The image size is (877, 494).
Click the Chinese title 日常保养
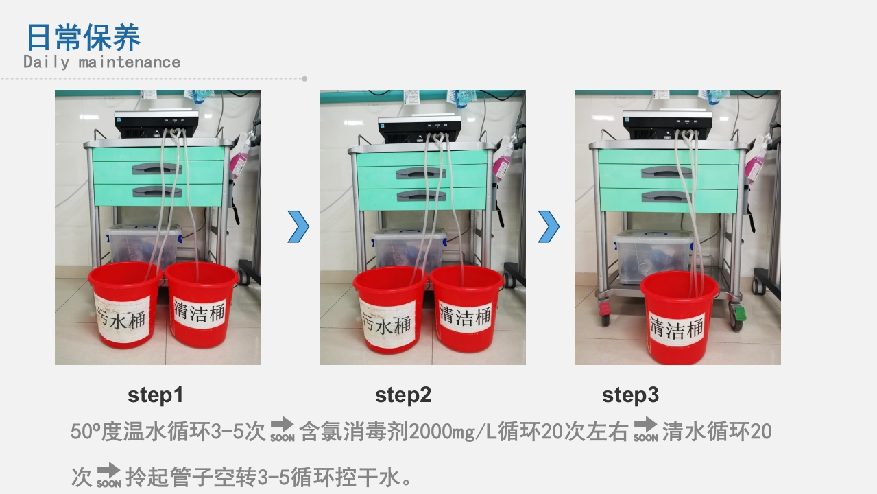click(x=83, y=37)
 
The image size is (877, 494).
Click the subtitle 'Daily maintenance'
click(x=101, y=62)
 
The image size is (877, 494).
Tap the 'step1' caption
click(x=156, y=395)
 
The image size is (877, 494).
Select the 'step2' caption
click(x=403, y=395)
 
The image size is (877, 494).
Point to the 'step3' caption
click(x=630, y=395)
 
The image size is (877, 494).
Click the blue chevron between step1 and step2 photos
click(x=298, y=227)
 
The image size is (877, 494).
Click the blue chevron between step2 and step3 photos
click(x=549, y=227)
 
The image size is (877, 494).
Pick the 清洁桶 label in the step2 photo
click(x=465, y=315)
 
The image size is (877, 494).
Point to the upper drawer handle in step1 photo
click(x=157, y=167)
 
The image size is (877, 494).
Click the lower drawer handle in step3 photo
click(x=666, y=196)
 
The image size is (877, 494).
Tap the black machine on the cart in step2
click(x=419, y=128)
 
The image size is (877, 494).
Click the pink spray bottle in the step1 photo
click(x=239, y=160)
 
